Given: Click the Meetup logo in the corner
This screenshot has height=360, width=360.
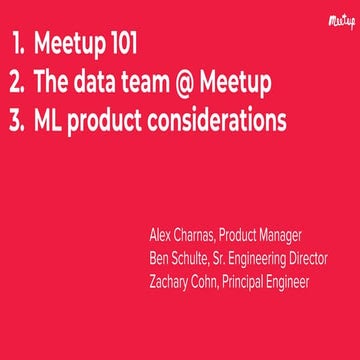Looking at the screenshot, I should (340, 19).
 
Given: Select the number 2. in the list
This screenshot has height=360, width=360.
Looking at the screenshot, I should (19, 83).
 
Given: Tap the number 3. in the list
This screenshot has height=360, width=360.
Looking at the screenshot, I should (19, 121).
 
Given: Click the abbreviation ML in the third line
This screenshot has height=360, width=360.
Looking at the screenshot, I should (50, 121).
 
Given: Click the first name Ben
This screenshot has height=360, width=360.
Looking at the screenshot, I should (158, 258).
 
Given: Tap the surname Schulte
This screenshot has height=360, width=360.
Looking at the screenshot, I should (194, 258).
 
